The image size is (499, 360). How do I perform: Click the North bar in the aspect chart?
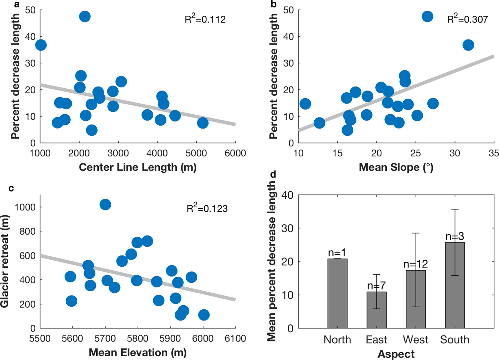pyautogui.click(x=337, y=293)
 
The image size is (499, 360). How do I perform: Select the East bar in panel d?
pyautogui.click(x=376, y=310)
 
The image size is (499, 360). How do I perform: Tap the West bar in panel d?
pyautogui.click(x=416, y=299)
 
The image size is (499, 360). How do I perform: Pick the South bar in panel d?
pyautogui.click(x=455, y=285)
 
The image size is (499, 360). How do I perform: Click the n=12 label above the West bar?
pyautogui.click(x=416, y=264)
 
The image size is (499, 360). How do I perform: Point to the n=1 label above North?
pyautogui.click(x=337, y=252)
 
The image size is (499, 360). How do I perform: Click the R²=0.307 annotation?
pyautogui.click(x=467, y=19)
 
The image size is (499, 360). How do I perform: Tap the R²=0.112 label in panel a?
pyautogui.click(x=205, y=19)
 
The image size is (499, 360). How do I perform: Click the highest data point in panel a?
pyautogui.click(x=84, y=16)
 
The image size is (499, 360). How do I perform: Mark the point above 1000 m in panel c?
pyautogui.click(x=105, y=204)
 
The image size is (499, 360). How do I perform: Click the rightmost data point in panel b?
pyautogui.click(x=468, y=45)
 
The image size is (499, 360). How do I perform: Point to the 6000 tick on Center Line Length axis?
pyautogui.click(x=235, y=153)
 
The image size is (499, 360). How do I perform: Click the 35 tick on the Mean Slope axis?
pyautogui.click(x=494, y=153)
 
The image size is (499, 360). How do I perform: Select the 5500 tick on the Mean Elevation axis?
pyautogui.click(x=40, y=338)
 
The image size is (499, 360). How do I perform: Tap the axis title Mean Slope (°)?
pyautogui.click(x=396, y=167)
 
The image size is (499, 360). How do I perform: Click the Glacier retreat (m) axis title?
pyautogui.click(x=5, y=261)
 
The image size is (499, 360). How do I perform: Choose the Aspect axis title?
pyautogui.click(x=396, y=354)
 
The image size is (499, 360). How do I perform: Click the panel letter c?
pyautogui.click(x=11, y=188)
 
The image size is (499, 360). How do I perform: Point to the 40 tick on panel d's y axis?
pyautogui.click(x=287, y=195)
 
